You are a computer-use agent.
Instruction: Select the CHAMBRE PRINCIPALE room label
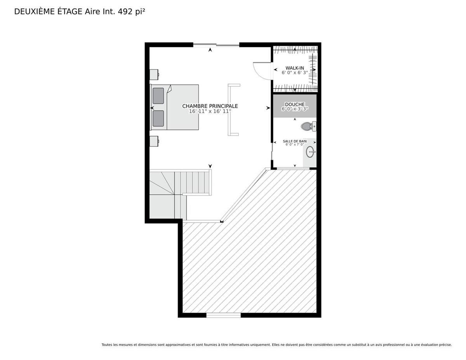click(210, 106)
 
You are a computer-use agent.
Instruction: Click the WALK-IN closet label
click(295, 68)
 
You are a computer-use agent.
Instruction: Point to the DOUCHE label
click(295, 104)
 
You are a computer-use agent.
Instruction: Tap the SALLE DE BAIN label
click(295, 141)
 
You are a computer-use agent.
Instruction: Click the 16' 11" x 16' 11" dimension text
click(210, 111)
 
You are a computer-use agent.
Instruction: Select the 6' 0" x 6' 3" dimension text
click(295, 73)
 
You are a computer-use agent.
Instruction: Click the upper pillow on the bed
click(158, 96)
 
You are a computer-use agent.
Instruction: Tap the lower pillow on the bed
click(158, 118)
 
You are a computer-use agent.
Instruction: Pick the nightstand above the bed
click(154, 75)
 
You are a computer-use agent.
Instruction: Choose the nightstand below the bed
click(154, 141)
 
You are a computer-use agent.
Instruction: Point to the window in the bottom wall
click(223, 315)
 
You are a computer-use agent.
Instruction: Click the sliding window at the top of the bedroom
click(216, 45)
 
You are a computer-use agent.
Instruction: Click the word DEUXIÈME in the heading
click(34, 12)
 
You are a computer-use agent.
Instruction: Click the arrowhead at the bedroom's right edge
click(268, 108)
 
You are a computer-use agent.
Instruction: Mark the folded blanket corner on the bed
click(169, 89)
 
